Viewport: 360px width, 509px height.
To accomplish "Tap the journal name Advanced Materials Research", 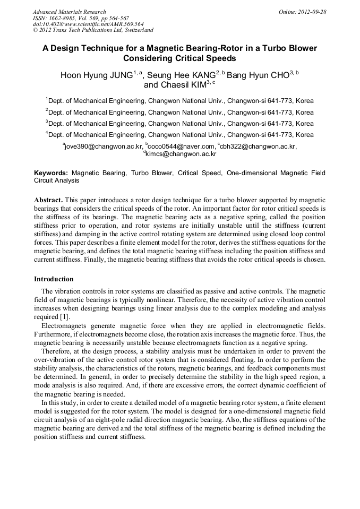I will (70, 12).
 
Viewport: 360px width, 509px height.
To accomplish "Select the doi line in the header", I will (88, 24).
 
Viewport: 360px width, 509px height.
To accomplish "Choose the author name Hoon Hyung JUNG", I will (96, 75).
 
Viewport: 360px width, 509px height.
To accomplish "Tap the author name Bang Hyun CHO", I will (258, 75).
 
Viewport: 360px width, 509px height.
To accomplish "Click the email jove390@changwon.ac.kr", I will (104, 146).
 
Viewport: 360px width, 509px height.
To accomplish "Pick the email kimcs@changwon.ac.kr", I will (181, 154).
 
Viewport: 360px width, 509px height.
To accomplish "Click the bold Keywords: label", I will (51, 173).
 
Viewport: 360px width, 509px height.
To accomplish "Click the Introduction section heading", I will (54, 279).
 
